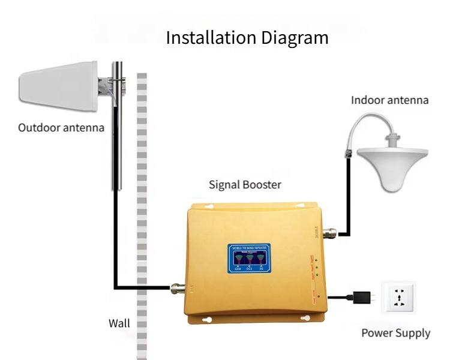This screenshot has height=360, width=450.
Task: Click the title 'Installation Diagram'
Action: coord(247,38)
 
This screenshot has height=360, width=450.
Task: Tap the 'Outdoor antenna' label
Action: coord(61,128)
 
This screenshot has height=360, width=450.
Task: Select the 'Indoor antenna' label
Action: coord(390,100)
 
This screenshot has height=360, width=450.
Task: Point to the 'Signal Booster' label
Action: coord(245,184)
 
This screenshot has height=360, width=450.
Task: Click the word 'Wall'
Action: coord(119,323)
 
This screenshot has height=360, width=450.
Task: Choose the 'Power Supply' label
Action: coord(395,333)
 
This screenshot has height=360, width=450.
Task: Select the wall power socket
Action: coord(397,298)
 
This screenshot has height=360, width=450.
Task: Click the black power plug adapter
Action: coord(362,296)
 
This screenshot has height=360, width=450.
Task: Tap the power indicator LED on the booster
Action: coord(319,296)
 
